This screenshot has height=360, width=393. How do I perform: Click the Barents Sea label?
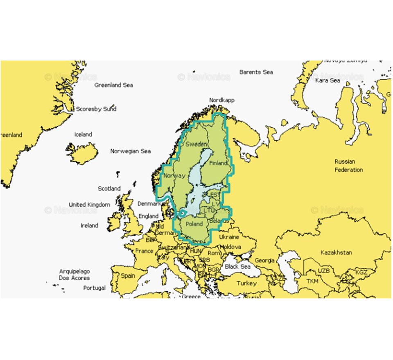click(256, 72)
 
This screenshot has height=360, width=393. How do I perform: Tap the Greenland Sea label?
click(114, 85)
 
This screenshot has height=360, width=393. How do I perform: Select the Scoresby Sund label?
click(96, 109)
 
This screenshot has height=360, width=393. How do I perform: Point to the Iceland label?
click(83, 134)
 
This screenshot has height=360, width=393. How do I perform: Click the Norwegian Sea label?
click(131, 151)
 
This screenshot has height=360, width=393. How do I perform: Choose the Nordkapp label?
click(221, 100)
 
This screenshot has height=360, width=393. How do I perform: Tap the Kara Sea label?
click(327, 81)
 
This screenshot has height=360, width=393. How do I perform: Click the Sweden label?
click(196, 144)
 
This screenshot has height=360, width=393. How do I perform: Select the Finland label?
click(218, 163)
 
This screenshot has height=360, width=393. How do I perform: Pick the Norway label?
click(174, 175)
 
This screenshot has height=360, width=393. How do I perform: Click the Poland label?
click(194, 224)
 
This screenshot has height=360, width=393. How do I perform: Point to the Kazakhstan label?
click(336, 252)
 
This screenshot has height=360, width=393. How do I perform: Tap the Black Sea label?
click(237, 266)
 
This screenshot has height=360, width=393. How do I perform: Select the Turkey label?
click(247, 283)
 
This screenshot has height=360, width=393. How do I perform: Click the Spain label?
click(128, 275)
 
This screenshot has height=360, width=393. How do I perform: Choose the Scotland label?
click(109, 189)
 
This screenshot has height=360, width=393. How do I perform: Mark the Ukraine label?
click(229, 237)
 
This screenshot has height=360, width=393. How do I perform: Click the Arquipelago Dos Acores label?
click(75, 274)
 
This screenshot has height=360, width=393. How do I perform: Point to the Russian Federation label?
click(348, 166)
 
